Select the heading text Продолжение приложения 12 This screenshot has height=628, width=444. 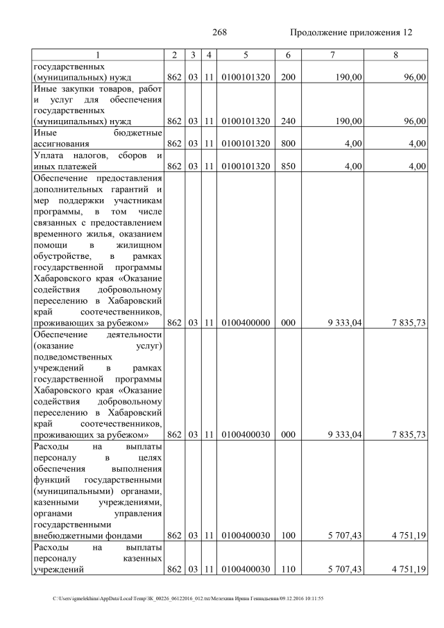(351, 33)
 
